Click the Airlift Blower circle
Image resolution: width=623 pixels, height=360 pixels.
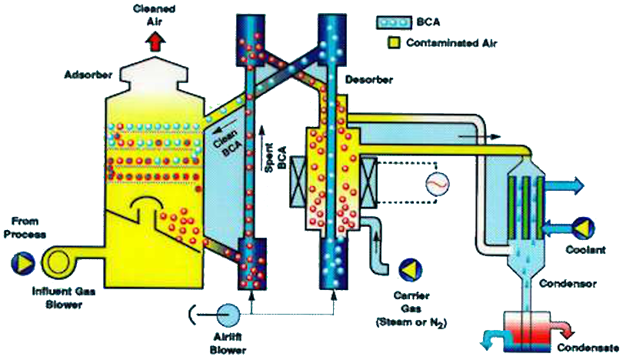tap(228, 314)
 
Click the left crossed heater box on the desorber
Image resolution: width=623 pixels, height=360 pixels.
tap(293, 186)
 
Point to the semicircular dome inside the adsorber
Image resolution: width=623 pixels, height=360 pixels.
tap(146, 207)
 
